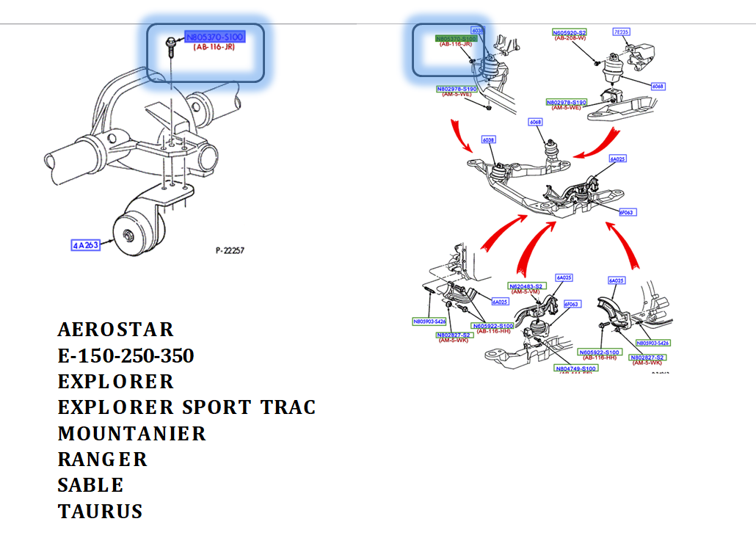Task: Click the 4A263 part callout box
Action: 85,246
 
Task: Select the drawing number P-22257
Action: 230,251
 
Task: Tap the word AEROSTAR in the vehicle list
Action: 116,329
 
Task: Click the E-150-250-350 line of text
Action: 126,356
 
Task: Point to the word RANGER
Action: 103,459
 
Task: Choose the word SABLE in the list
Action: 90,485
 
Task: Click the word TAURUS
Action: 100,512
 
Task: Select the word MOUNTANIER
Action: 132,434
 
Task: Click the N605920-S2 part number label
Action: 570,32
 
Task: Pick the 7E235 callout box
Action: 622,32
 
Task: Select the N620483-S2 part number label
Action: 526,286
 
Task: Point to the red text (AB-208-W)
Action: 570,39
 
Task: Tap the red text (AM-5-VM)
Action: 526,292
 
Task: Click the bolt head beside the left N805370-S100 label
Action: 170,41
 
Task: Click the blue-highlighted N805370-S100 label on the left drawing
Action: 214,37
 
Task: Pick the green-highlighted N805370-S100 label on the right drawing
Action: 456,38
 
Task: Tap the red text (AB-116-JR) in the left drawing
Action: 214,46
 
